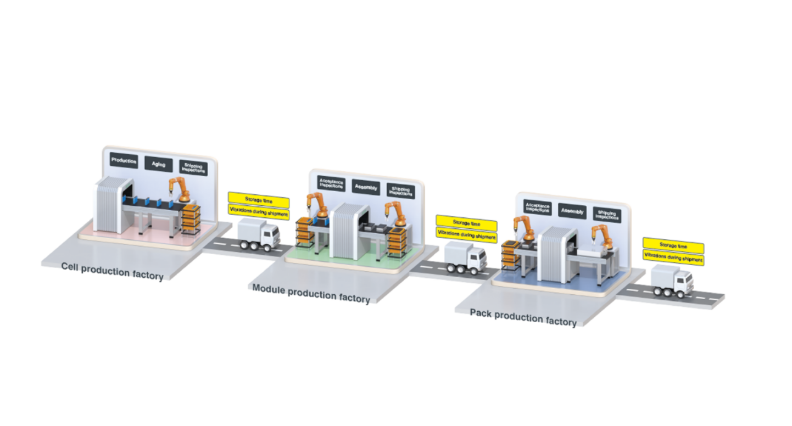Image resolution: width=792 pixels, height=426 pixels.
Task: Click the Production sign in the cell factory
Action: coord(124,160)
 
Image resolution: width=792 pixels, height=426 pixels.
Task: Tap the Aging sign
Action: coord(158,164)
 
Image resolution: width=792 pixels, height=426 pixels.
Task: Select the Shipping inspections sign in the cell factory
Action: coord(193,168)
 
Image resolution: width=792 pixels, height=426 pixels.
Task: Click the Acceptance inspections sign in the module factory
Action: coord(331,184)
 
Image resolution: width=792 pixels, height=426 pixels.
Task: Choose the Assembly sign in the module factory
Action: coord(366,187)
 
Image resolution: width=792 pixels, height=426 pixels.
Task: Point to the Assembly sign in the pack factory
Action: coord(572,211)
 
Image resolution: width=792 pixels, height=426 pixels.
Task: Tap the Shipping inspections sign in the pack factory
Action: coord(607,215)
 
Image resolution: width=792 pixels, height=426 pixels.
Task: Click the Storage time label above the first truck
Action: coord(259,200)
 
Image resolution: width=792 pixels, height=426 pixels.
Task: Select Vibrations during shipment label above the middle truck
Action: coord(466,234)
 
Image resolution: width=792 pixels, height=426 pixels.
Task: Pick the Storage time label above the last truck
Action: coord(673,246)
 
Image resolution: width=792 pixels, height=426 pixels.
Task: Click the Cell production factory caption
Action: coord(113,272)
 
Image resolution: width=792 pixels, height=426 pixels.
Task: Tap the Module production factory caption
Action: coord(311,294)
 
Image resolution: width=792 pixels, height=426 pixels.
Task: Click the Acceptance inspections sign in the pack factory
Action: coord(537,208)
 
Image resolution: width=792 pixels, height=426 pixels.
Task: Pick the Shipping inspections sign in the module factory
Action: coord(400,191)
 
